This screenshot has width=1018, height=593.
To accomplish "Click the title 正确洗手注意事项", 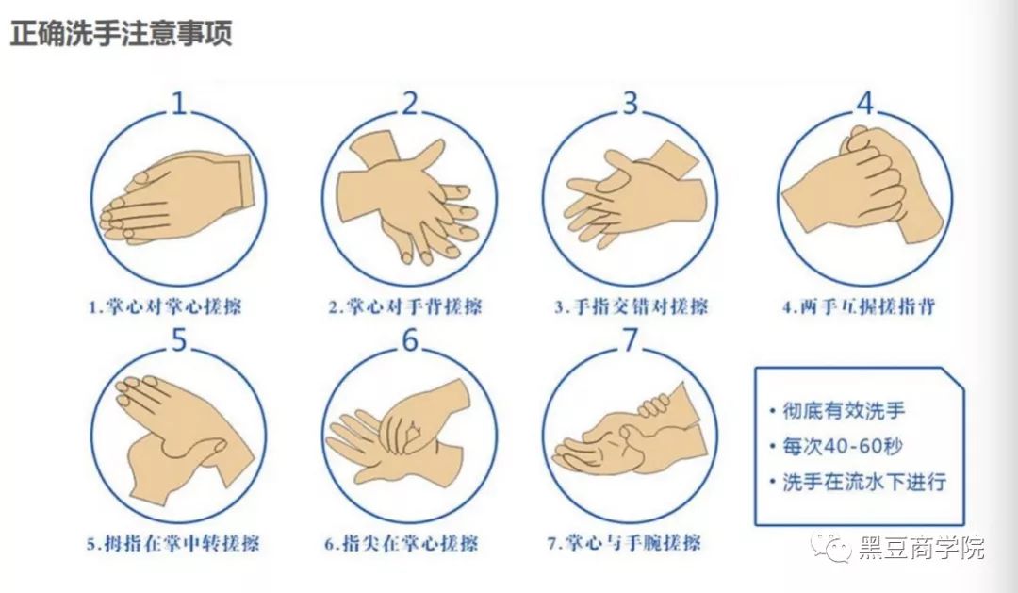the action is (x=122, y=32).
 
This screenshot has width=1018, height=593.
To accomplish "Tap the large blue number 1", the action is (x=178, y=104).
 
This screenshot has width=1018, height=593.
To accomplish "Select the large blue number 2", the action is (x=410, y=104).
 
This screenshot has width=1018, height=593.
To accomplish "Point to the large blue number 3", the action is (x=630, y=104).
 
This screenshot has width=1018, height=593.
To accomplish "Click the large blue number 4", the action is (x=865, y=104).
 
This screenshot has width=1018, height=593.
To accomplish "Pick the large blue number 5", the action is (x=178, y=340).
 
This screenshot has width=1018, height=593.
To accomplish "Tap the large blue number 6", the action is (x=410, y=340).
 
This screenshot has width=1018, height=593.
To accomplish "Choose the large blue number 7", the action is (x=630, y=340).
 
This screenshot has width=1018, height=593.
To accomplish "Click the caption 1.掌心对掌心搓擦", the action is (x=165, y=305).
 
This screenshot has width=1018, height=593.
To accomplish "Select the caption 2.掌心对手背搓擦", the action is (x=405, y=305).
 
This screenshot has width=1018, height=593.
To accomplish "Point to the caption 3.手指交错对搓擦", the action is (x=631, y=305).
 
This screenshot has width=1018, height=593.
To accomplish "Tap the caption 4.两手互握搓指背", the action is (x=859, y=305).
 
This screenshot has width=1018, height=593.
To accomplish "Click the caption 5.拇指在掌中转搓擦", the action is (x=172, y=543).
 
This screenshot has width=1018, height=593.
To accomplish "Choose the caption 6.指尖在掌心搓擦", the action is (x=402, y=543).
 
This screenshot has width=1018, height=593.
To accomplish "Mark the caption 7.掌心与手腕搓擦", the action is (x=624, y=543).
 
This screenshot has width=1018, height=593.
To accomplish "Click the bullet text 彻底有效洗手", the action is (x=844, y=410).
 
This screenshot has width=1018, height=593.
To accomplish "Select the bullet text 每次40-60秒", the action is (x=842, y=446).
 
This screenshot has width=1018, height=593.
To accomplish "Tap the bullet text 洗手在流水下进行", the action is (x=864, y=482).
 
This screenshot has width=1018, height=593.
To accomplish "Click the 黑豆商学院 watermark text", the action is (x=921, y=548).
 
